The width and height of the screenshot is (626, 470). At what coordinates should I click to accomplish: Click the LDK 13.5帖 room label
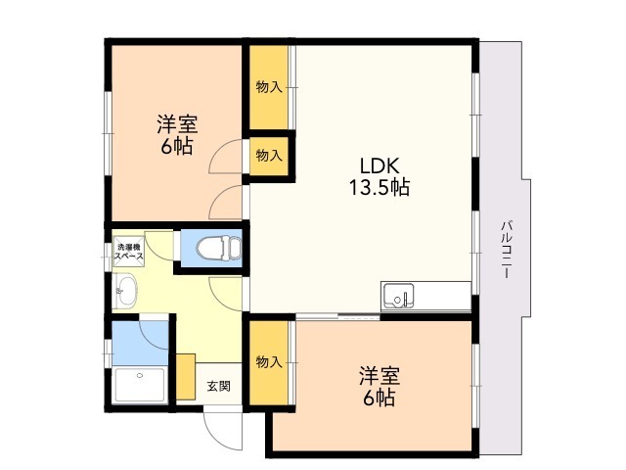(x=380, y=176)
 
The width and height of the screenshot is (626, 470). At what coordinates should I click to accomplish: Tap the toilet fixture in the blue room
(x=219, y=248)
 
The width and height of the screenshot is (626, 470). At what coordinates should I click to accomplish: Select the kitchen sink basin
(x=398, y=296)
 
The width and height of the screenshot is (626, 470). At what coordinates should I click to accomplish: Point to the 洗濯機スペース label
(x=129, y=252)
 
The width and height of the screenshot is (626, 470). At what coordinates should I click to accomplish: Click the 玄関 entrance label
(x=218, y=386)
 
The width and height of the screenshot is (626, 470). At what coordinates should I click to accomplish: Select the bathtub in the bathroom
(x=139, y=385)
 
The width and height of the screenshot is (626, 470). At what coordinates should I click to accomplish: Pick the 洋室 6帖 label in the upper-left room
(x=177, y=135)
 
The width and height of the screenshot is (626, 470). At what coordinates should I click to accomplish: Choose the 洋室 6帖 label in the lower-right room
(x=380, y=386)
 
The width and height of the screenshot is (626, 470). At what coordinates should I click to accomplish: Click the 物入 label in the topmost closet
(x=269, y=87)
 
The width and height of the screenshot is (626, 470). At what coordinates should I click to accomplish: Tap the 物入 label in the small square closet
(x=269, y=155)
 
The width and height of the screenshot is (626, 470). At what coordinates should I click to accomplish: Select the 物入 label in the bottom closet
(x=269, y=362)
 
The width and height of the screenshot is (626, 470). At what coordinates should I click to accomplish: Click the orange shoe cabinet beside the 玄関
(x=186, y=376)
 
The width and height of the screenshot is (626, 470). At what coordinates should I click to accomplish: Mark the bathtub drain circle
(x=140, y=375)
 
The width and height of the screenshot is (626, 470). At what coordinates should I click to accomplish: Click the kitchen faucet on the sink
(x=404, y=299)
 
